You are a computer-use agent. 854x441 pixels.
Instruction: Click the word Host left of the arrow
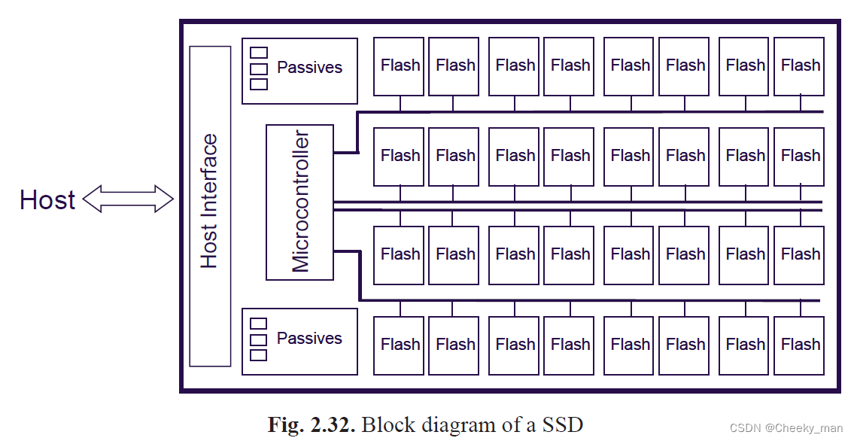pyautogui.click(x=47, y=200)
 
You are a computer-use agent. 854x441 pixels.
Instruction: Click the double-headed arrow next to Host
pyautogui.click(x=128, y=199)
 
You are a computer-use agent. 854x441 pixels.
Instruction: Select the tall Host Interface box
pyautogui.click(x=210, y=206)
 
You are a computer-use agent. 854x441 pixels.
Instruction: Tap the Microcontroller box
pyautogui.click(x=299, y=202)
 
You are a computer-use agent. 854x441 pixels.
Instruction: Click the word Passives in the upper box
pyautogui.click(x=309, y=67)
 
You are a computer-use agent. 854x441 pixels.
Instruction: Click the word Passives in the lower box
pyautogui.click(x=309, y=338)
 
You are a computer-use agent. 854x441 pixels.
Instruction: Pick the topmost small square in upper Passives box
pyautogui.click(x=259, y=53)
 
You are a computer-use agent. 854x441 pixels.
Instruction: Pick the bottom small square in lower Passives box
pyautogui.click(x=259, y=355)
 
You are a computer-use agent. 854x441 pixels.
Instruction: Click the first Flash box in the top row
pyautogui.click(x=399, y=66)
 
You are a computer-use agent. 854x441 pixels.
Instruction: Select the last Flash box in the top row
pyautogui.click(x=799, y=66)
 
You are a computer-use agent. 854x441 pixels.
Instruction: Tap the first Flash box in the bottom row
pyautogui.click(x=399, y=345)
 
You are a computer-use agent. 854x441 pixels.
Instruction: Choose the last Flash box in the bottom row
pyautogui.click(x=799, y=345)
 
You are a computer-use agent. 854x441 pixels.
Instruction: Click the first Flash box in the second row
pyautogui.click(x=399, y=157)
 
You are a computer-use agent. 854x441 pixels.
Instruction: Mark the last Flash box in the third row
pyautogui.click(x=799, y=254)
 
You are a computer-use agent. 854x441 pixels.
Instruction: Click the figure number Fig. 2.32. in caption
pyautogui.click(x=312, y=424)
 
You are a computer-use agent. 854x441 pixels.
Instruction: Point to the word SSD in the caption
pyautogui.click(x=561, y=424)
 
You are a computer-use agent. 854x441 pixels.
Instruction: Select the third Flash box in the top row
pyautogui.click(x=515, y=66)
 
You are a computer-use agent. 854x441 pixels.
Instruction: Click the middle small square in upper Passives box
pyautogui.click(x=259, y=68)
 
